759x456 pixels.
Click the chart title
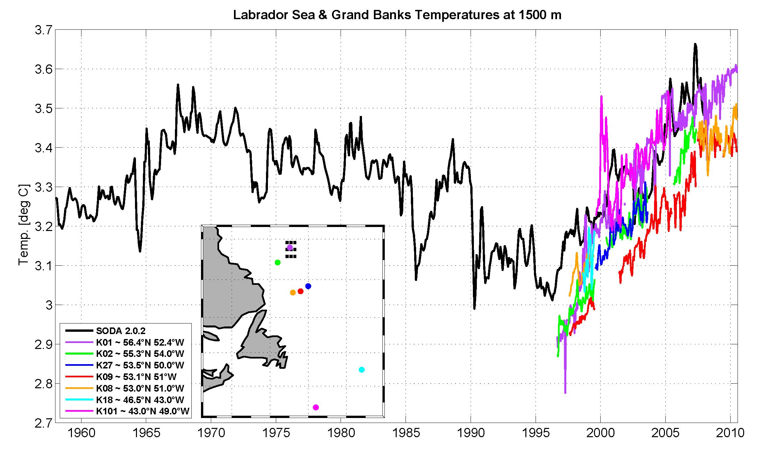click(x=397, y=15)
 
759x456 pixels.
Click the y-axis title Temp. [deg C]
click(x=24, y=225)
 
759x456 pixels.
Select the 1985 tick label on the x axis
click(x=405, y=433)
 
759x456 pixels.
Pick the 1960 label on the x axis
click(x=81, y=433)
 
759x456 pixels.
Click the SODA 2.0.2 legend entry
click(x=120, y=331)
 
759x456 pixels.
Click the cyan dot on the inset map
click(x=362, y=369)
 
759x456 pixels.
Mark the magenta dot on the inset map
click(x=315, y=407)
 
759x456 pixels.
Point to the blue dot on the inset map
click(x=308, y=286)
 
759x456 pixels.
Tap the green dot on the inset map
click(x=278, y=262)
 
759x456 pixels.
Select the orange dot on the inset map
click(x=293, y=292)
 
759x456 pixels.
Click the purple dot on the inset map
click(x=290, y=247)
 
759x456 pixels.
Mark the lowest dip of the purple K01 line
click(x=565, y=393)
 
